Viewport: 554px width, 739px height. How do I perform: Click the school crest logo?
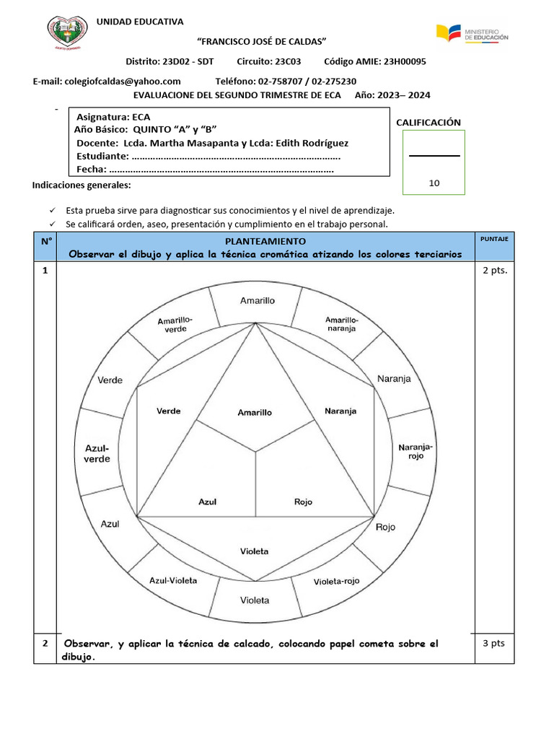[x=69, y=33]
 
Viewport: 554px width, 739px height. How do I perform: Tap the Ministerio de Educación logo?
[x=472, y=33]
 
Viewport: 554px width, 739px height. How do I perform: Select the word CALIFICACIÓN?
[x=428, y=123]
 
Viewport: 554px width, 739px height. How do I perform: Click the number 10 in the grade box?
[x=434, y=183]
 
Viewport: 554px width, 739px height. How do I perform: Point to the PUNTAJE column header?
[x=494, y=238]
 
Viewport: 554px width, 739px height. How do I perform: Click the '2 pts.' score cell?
[x=494, y=271]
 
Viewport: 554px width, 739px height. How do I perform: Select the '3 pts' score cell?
[x=494, y=643]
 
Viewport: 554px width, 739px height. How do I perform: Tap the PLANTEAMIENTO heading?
[x=265, y=241]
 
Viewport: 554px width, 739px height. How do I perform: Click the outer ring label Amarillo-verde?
[x=175, y=324]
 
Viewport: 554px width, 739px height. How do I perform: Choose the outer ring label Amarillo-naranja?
[x=340, y=323]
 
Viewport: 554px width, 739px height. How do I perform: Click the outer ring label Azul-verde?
[x=97, y=453]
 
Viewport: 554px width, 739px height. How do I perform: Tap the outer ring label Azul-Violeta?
[x=173, y=580]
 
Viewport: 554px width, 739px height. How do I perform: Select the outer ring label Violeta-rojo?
[x=337, y=581]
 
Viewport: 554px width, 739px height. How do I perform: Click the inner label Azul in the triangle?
[x=207, y=502]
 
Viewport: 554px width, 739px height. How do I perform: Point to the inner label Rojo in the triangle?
[x=304, y=502]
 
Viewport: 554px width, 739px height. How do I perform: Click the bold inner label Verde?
[x=169, y=411]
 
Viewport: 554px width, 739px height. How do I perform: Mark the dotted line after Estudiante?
[x=237, y=157]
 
